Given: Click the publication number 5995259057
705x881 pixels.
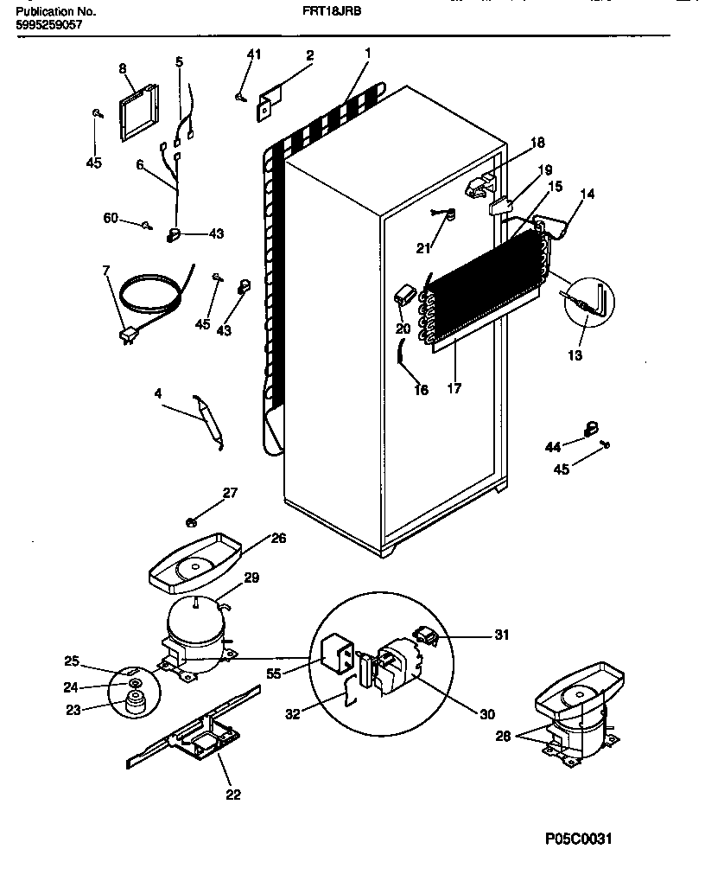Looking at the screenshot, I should pyautogui.click(x=49, y=26).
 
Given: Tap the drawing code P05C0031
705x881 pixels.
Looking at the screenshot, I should pyautogui.click(x=583, y=839).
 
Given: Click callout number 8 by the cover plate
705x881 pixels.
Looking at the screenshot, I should pyautogui.click(x=122, y=68).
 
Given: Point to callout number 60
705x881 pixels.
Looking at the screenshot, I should pyautogui.click(x=111, y=218).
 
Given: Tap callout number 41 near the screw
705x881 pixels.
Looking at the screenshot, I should pyautogui.click(x=253, y=55).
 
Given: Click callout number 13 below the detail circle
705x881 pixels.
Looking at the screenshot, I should pyautogui.click(x=574, y=355).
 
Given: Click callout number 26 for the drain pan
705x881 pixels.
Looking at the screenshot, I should pyautogui.click(x=278, y=537).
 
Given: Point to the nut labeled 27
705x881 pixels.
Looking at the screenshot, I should pyautogui.click(x=193, y=521).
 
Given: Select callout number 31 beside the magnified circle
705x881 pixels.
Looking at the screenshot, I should pyautogui.click(x=501, y=635).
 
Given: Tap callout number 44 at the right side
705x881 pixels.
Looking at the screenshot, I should pyautogui.click(x=553, y=446).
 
